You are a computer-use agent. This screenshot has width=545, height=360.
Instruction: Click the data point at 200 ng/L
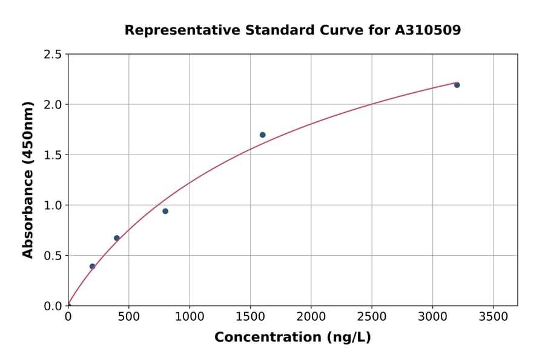click(93, 266)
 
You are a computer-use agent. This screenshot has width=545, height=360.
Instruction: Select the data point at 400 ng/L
click(117, 238)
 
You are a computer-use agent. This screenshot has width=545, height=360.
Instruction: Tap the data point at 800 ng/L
click(165, 211)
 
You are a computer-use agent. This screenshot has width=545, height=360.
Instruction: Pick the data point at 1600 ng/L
click(262, 135)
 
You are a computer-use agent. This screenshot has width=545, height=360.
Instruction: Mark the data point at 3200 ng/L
click(457, 85)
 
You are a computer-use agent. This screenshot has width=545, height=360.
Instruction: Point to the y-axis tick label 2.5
click(53, 55)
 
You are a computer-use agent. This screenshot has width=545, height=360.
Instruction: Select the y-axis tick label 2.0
click(53, 105)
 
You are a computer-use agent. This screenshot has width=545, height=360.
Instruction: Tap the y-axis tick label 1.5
click(53, 155)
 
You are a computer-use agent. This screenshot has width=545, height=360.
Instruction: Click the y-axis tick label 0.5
click(53, 256)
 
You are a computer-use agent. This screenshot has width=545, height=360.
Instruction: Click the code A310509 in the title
click(428, 30)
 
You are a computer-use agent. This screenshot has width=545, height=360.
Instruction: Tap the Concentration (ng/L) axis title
click(292, 338)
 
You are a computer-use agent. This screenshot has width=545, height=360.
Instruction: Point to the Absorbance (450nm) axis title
click(28, 179)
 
